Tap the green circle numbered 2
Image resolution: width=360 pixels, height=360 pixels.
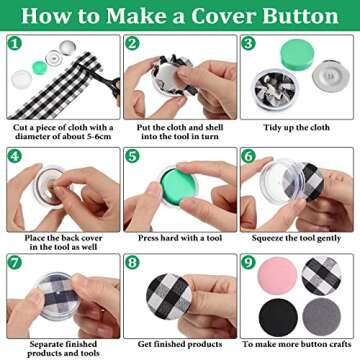click(x=132, y=46)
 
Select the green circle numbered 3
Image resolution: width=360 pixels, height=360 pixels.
click(x=248, y=46)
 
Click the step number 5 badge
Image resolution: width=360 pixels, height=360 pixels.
click(x=132, y=156)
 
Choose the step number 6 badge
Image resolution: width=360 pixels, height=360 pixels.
click(x=248, y=156)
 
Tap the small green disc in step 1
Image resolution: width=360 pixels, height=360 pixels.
click(x=40, y=67)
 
